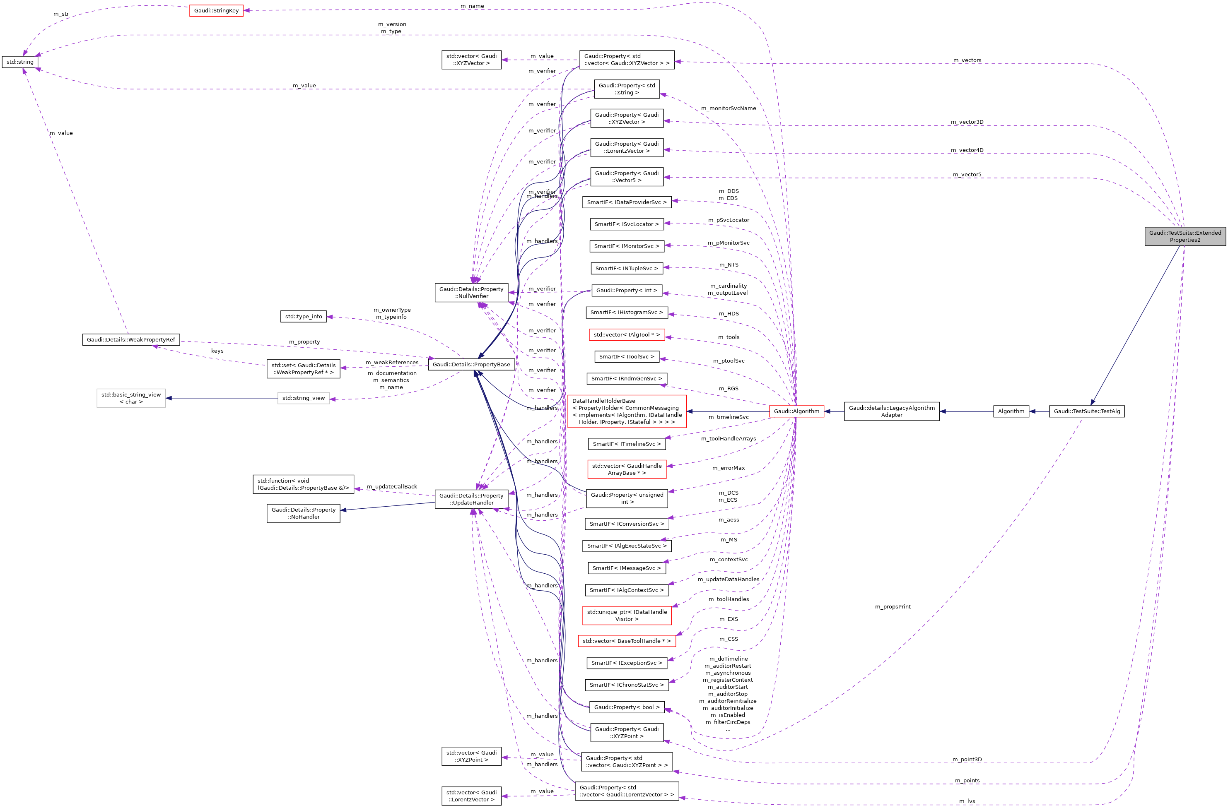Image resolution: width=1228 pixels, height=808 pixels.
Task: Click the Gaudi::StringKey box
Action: [216, 10]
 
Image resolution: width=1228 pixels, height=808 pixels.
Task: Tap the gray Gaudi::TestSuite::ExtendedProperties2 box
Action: [1185, 236]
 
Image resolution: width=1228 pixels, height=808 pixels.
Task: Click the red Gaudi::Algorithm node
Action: [796, 411]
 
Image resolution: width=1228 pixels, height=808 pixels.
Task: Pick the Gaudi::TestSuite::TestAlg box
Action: [1087, 411]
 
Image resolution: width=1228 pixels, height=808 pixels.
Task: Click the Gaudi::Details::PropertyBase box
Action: [471, 364]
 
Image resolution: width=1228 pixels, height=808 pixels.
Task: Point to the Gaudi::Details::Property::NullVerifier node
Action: [471, 292]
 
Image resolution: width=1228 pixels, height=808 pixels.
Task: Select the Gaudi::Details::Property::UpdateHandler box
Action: [471, 499]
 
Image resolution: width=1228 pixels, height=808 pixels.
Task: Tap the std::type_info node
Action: [304, 316]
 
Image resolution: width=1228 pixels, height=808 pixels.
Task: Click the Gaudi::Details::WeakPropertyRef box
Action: [130, 339]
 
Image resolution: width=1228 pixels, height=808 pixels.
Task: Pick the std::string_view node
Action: [304, 397]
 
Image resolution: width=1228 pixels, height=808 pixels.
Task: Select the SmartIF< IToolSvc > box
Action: [626, 356]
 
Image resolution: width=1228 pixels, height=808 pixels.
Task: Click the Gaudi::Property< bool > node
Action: [626, 707]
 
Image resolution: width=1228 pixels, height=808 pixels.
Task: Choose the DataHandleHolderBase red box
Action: [626, 411]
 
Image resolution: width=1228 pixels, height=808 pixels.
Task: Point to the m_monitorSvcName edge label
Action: [728, 108]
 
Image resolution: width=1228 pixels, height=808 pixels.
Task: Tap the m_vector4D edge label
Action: [967, 150]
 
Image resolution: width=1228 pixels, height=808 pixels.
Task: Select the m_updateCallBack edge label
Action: [392, 486]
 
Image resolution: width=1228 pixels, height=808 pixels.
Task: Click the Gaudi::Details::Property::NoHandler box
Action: [304, 513]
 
